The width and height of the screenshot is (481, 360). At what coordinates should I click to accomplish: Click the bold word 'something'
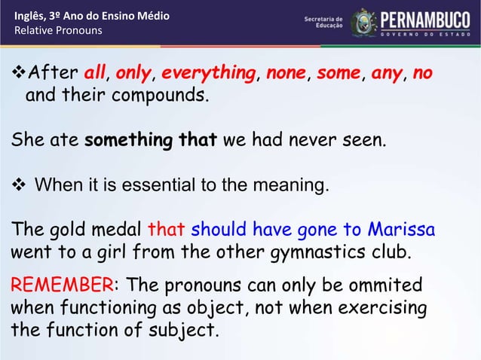[x=129, y=139]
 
